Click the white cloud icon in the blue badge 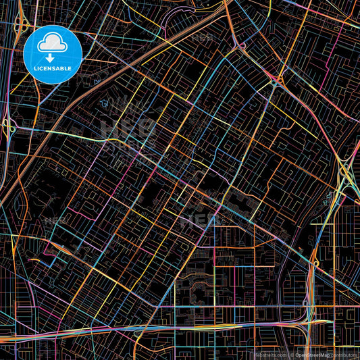click(x=53, y=43)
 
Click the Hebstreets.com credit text click(x=268, y=354)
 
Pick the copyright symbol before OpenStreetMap click(x=292, y=354)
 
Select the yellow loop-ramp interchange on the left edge click(x=9, y=126)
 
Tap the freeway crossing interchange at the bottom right click(x=312, y=323)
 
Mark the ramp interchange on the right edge click(x=346, y=174)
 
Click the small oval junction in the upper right click(x=276, y=82)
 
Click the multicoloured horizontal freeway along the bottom click(x=169, y=326)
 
